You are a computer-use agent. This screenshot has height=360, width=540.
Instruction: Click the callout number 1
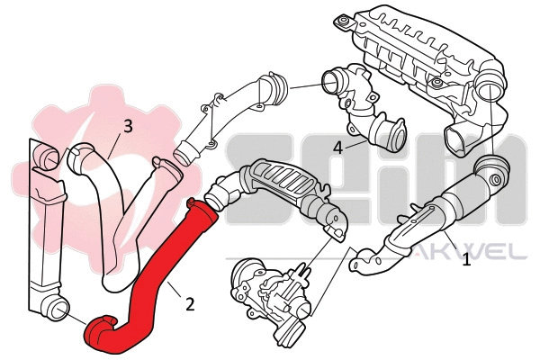coord(466,261)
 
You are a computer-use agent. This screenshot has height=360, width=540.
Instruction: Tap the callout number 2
coord(190,303)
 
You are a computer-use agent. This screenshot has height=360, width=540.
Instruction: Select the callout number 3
coord(128,126)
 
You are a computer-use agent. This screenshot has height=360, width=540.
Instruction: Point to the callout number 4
coord(337,146)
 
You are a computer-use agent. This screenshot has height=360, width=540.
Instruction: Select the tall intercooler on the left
coord(40,234)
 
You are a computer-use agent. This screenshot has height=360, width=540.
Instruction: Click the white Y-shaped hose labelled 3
coord(117,207)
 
